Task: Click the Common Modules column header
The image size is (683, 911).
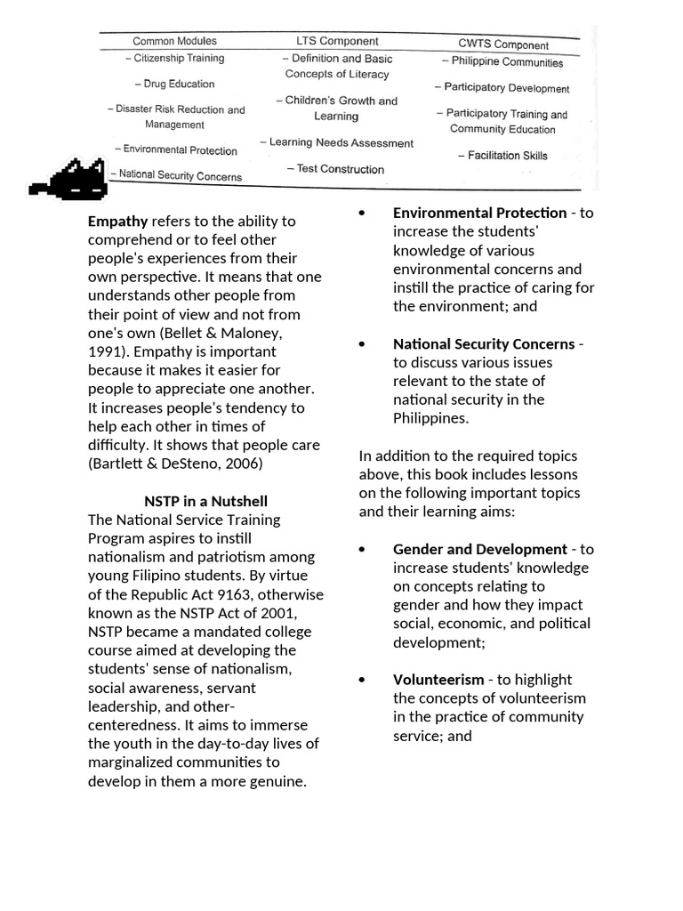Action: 173,41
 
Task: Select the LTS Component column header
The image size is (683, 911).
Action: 337,41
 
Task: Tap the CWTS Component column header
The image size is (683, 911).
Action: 503,44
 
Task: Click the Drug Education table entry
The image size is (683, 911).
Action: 174,84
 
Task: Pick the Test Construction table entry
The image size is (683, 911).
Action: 335,169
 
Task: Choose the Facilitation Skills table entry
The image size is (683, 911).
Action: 502,156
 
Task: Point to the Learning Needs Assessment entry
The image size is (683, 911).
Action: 336,142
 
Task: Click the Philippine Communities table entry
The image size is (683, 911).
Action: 502,62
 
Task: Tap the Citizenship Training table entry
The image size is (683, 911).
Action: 174,58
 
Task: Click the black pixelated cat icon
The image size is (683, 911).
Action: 71,181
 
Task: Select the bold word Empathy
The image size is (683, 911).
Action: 118,221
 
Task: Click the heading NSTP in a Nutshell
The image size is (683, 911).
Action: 205,501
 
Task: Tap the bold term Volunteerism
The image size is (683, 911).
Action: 438,680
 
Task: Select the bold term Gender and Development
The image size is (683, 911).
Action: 479,549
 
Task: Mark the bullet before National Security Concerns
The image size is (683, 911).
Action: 362,344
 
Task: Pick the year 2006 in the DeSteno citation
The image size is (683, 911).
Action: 245,464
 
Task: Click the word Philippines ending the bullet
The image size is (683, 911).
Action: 430,418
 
